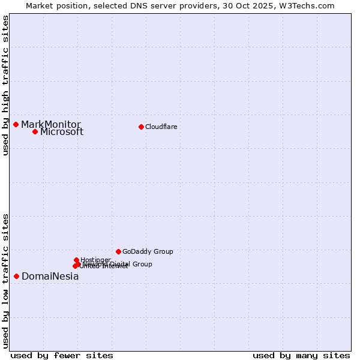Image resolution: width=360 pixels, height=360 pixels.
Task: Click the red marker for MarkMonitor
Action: click(16, 124)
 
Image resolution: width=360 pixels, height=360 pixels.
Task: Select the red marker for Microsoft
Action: click(35, 131)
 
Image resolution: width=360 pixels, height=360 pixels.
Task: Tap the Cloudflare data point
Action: click(141, 127)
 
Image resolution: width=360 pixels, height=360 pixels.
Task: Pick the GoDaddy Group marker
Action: click(118, 251)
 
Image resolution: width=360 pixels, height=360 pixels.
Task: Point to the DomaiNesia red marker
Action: click(16, 276)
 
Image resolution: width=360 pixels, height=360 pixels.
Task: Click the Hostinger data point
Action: click(76, 260)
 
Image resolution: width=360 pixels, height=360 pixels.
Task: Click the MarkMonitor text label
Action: click(51, 124)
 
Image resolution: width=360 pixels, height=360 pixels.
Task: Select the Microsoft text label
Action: click(62, 132)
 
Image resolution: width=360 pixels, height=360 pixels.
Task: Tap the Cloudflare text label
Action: click(161, 127)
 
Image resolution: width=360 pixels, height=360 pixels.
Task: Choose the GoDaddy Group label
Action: click(148, 252)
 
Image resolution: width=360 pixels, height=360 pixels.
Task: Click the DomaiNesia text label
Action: click(50, 277)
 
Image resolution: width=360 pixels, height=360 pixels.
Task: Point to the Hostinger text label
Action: click(95, 260)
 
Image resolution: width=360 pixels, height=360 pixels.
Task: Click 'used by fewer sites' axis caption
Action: click(62, 355)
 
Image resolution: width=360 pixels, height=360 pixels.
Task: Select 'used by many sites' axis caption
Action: click(301, 355)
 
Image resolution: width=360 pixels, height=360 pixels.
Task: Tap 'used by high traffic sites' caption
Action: click(6, 85)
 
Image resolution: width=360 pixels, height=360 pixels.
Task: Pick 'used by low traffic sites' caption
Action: click(6, 280)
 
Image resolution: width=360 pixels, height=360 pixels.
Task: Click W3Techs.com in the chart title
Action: click(309, 5)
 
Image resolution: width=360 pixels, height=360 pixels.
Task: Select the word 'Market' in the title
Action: click(39, 5)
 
